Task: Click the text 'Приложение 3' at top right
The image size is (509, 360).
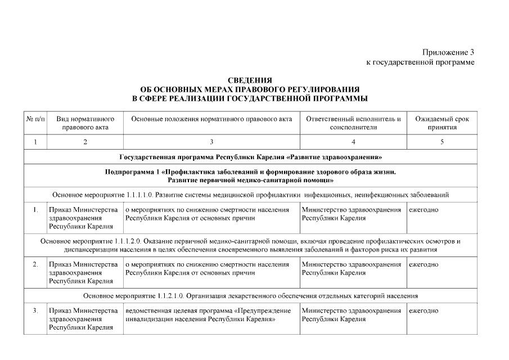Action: pyautogui.click(x=448, y=52)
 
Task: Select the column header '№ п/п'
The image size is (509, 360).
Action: pyautogui.click(x=35, y=119)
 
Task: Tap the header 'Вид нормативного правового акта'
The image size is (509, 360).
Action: pyautogui.click(x=85, y=123)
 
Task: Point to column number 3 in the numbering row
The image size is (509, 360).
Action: pyautogui.click(x=211, y=142)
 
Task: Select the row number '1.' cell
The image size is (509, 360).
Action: pyautogui.click(x=35, y=210)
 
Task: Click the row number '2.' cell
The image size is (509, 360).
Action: pyautogui.click(x=35, y=264)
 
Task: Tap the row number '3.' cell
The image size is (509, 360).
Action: pyautogui.click(x=35, y=310)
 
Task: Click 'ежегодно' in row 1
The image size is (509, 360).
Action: pyautogui.click(x=424, y=210)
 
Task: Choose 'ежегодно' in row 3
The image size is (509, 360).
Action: pyautogui.click(x=424, y=310)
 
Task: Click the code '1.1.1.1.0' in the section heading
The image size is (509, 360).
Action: pyautogui.click(x=134, y=195)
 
